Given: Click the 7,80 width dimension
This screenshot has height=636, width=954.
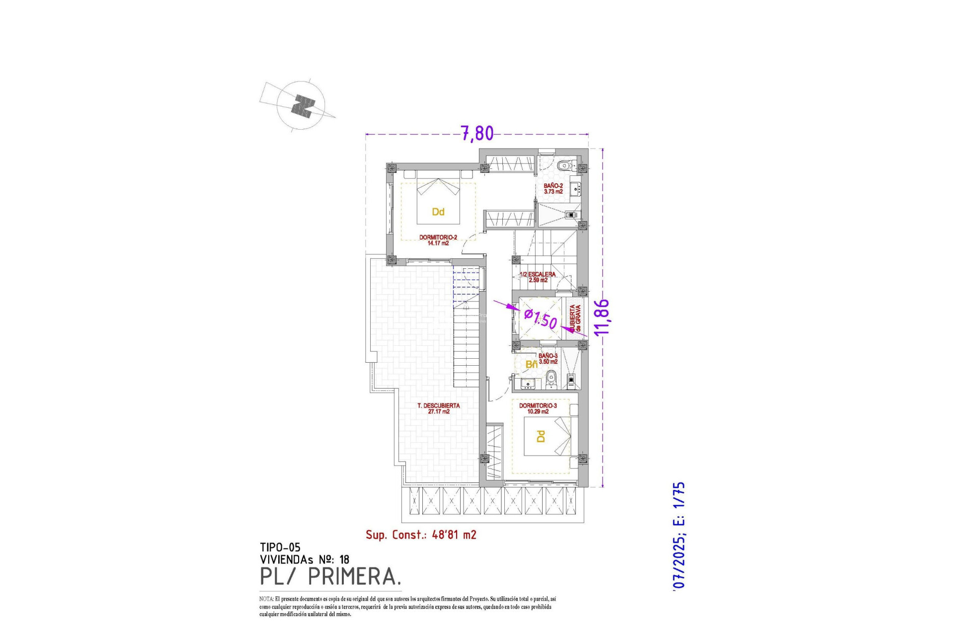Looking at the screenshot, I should (x=477, y=133).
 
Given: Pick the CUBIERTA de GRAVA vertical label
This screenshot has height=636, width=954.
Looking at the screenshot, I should (x=575, y=318).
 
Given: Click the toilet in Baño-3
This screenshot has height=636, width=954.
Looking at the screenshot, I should (x=550, y=381).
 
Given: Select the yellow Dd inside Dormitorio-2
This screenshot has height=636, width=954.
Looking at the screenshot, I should (x=438, y=212).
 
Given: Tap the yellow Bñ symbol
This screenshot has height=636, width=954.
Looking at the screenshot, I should (x=531, y=365).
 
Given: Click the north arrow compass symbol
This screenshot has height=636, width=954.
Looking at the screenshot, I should (x=301, y=106).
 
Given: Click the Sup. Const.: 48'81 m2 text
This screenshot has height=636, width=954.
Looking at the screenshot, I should (x=421, y=535).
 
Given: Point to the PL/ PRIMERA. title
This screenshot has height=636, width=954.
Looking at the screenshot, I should (x=330, y=576).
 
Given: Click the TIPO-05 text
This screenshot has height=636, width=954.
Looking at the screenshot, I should (x=280, y=548).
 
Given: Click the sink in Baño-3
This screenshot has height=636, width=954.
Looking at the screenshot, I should (x=527, y=383).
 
